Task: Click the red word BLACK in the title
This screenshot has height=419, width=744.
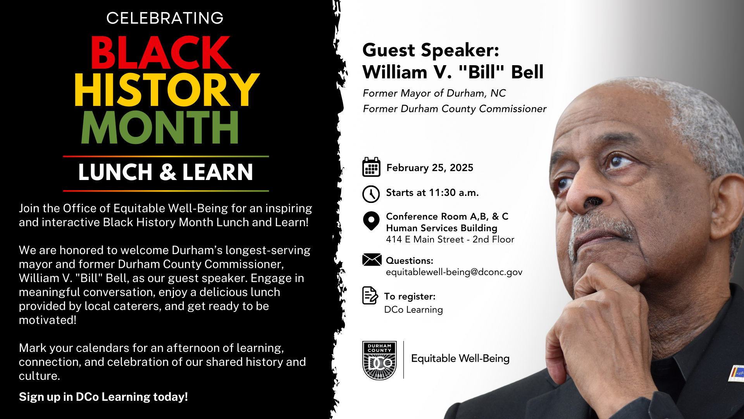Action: pos(161,53)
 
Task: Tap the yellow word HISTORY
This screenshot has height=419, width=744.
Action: pos(167,90)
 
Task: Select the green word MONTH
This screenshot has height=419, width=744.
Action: pos(160,127)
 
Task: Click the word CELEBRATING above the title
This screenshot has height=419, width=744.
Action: pos(165,18)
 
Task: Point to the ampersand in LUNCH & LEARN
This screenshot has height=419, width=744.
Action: pos(168,172)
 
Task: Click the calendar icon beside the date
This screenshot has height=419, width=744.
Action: pos(371,167)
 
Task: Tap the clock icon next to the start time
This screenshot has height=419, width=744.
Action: pos(371,194)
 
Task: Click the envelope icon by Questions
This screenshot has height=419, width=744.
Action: pos(372,260)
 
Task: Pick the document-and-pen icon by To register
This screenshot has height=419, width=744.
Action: pos(370,296)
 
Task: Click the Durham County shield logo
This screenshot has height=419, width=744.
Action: pos(379,360)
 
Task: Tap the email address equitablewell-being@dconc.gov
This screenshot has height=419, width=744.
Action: pos(454,272)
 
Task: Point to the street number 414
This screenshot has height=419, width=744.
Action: pos(394,239)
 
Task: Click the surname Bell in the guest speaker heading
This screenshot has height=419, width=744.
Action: pos(527,72)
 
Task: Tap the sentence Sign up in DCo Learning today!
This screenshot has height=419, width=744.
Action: pos(103,397)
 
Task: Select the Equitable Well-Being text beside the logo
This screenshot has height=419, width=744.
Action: pos(460,358)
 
